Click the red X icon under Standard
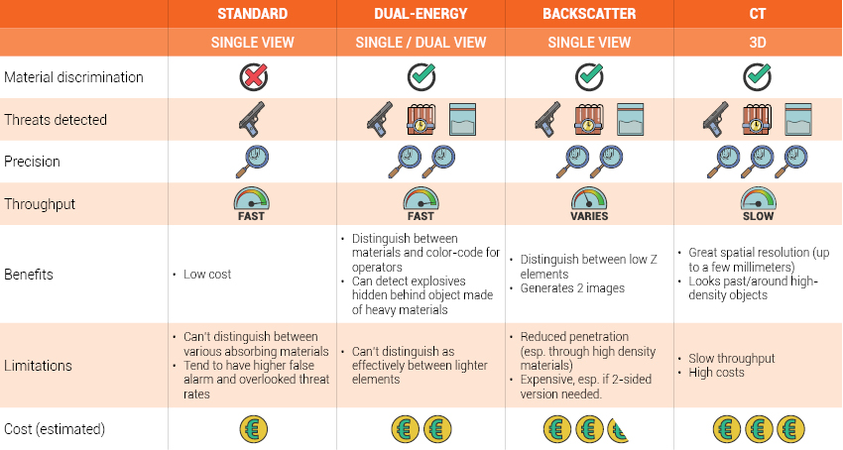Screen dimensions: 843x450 click(x=253, y=77)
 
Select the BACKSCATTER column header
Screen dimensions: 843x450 click(x=589, y=14)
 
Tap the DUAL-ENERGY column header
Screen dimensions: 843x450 click(x=421, y=14)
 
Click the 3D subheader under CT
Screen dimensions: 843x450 click(x=758, y=42)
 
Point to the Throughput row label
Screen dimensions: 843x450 click(x=40, y=204)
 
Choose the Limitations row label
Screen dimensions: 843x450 click(x=38, y=366)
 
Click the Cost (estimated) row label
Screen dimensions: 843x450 click(x=55, y=429)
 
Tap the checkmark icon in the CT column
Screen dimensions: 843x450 click(x=758, y=77)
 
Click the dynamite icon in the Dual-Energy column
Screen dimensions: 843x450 click(x=421, y=119)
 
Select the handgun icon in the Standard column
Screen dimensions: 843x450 click(x=252, y=119)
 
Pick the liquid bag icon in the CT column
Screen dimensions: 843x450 click(x=798, y=119)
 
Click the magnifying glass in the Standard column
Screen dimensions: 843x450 click(x=252, y=162)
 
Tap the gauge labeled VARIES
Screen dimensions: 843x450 click(x=589, y=199)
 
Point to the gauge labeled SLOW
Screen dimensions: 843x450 click(x=758, y=199)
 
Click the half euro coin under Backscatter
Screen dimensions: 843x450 click(x=617, y=429)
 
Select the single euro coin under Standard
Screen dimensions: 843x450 click(x=253, y=429)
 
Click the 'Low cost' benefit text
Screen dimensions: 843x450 click(x=207, y=275)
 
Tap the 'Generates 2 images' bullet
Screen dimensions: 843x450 click(x=572, y=288)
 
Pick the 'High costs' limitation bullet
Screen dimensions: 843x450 click(x=716, y=373)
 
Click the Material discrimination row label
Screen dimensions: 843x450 click(x=73, y=77)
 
